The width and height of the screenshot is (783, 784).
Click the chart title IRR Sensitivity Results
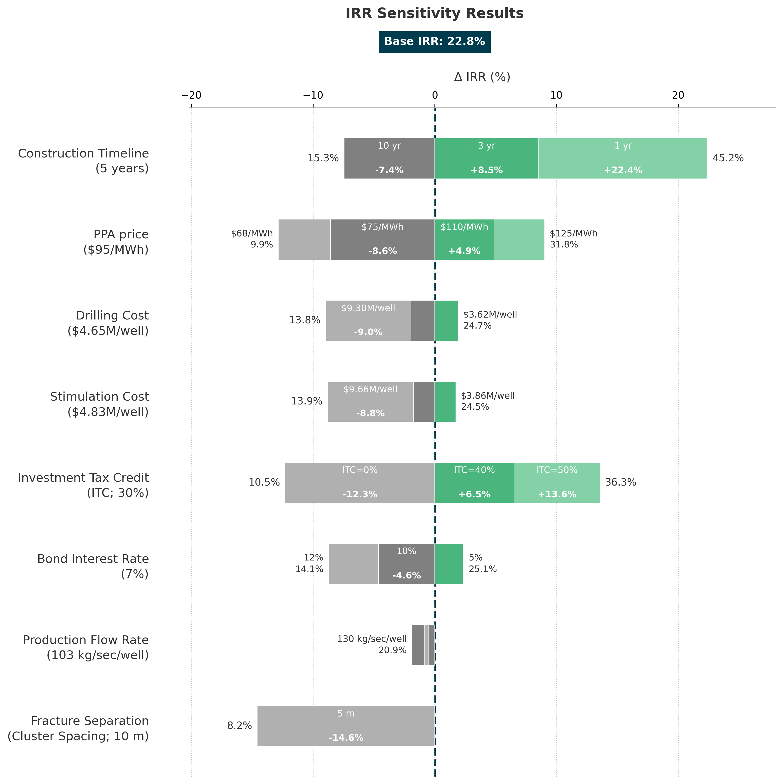pos(434,13)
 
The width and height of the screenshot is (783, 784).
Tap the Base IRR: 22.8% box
pos(434,42)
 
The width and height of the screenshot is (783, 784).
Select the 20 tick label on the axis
pos(678,95)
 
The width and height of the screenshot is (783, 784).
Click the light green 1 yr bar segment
pos(623,158)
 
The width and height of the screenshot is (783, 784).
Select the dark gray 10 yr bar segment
pos(389,158)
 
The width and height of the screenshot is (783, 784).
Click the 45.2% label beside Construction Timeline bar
pos(728,158)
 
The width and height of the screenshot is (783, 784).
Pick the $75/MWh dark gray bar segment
pos(382,239)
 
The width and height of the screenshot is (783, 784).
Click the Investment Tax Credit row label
pos(83,485)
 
